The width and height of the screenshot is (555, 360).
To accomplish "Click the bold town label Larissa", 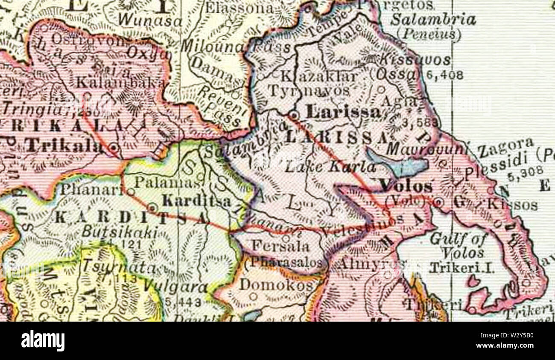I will click(344, 112).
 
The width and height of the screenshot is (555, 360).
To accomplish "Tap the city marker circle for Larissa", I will click(294, 115).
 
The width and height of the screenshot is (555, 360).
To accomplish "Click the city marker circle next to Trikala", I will click(114, 148).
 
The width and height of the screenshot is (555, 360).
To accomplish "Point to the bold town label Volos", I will click(406, 186).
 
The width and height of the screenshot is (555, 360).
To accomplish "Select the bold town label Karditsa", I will click(197, 200).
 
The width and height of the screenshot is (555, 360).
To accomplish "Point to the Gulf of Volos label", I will click(458, 246).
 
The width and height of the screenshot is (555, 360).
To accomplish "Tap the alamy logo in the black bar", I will click(43, 341).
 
